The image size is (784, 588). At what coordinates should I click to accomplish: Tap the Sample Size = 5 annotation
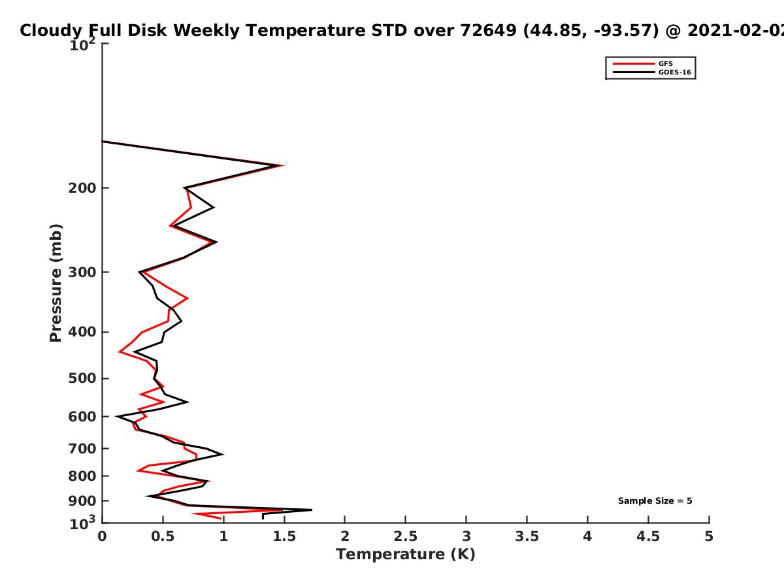[x=655, y=500]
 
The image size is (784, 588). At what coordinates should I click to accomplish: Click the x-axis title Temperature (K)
[x=406, y=554]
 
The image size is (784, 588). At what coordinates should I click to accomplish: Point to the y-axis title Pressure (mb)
[x=56, y=283]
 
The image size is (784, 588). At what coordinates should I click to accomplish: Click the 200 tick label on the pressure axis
[x=82, y=188]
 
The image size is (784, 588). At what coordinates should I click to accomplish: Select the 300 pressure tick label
[x=82, y=272]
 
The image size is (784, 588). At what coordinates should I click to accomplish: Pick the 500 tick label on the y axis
[x=82, y=378]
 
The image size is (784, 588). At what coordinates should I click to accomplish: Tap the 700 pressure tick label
[x=82, y=448]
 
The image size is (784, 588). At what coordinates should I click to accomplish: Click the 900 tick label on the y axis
[x=82, y=501]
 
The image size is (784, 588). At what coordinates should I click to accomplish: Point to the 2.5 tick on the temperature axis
[x=406, y=536]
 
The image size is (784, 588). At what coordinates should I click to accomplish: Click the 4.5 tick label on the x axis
[x=648, y=536]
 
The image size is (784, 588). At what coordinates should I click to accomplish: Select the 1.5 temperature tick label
[x=284, y=536]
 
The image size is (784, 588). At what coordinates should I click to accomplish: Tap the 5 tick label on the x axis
[x=709, y=536]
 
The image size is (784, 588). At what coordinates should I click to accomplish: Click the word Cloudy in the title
[x=51, y=31]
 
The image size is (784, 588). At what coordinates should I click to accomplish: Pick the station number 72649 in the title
[x=488, y=30]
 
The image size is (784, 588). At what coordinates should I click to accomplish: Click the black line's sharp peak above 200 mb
[x=280, y=165]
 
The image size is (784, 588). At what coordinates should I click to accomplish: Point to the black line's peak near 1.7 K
[x=312, y=510]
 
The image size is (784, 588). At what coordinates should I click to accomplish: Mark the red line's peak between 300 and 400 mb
[x=188, y=298]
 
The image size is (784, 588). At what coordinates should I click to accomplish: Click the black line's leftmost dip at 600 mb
[x=116, y=416]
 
